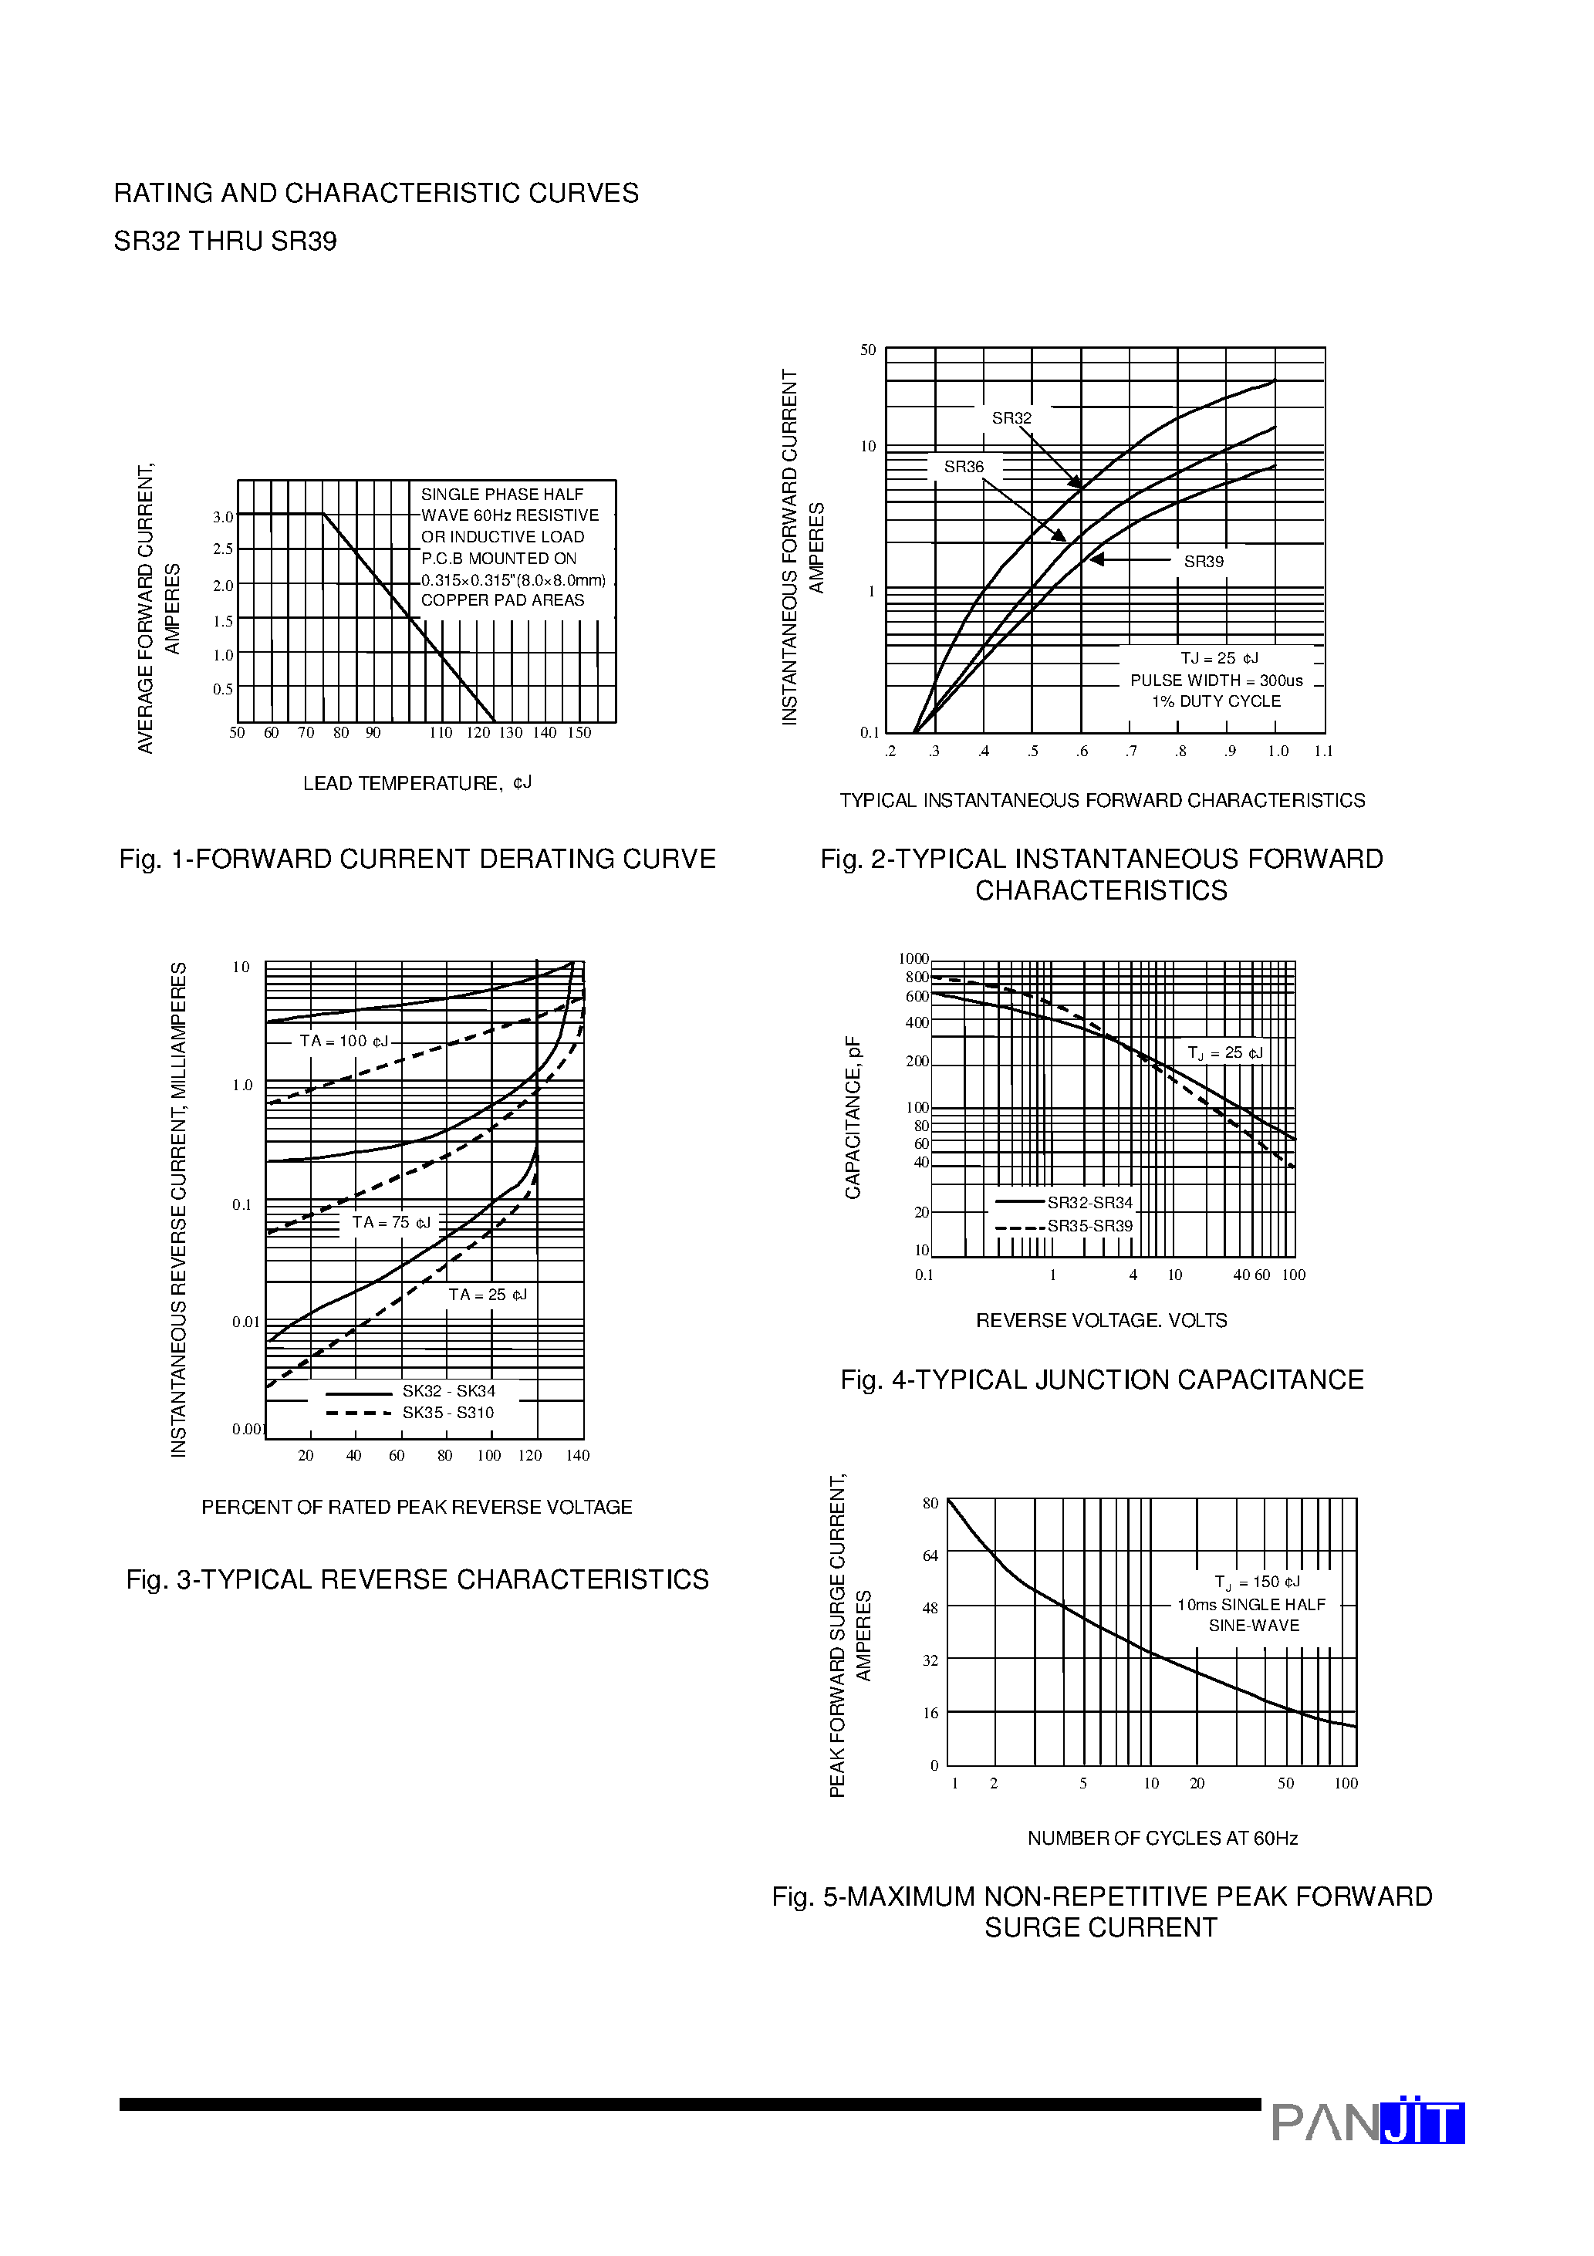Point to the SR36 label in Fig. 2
point(963,468)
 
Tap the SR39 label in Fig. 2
point(1203,562)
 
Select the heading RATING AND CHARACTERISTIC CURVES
point(376,194)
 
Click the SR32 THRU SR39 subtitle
point(225,241)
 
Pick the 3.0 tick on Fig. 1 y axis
point(223,517)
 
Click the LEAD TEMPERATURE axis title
point(417,783)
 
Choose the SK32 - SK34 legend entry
point(448,1391)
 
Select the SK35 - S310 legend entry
point(448,1413)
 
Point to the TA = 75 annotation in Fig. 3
point(391,1222)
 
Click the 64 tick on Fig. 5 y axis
point(930,1555)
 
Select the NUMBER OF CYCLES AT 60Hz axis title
point(1162,1839)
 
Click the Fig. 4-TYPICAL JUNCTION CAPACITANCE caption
point(1101,1380)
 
